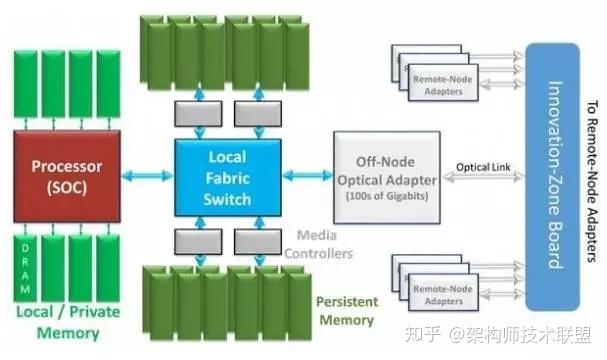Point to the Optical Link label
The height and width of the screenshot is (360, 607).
coord(480,165)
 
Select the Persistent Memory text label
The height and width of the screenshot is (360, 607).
coord(345,310)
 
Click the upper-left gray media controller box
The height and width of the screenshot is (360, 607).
coord(193,112)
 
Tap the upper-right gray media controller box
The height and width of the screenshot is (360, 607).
coord(255,112)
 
